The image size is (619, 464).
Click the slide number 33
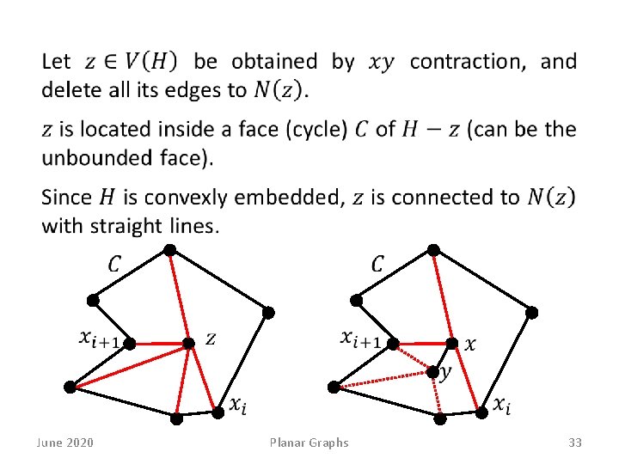tap(575, 443)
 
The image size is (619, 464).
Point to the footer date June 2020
tap(65, 443)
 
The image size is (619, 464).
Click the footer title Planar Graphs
tap(309, 443)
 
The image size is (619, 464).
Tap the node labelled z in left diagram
tap(188, 344)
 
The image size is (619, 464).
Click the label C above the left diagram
tap(115, 263)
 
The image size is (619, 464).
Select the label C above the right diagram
tap(378, 263)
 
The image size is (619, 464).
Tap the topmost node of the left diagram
tap(170, 250)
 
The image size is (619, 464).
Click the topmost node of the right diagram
tap(434, 250)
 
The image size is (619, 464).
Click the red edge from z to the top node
tap(179, 296)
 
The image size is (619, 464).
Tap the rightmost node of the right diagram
tap(532, 312)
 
